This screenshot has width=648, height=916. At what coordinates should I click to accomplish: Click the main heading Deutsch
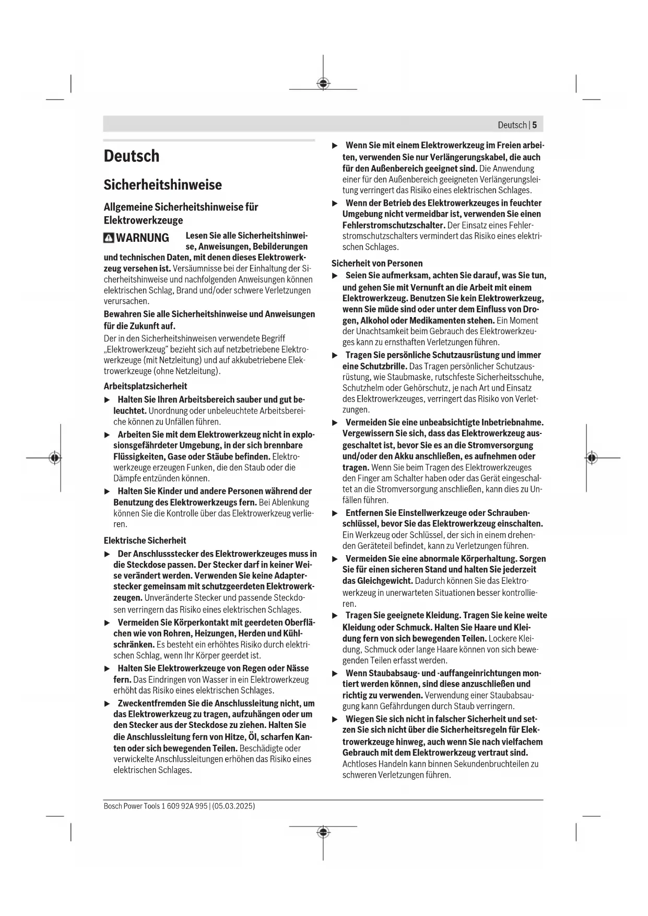[132, 156]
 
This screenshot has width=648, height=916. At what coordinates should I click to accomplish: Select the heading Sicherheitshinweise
[162, 185]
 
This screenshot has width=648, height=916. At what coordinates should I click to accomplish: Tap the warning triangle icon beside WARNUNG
[109, 238]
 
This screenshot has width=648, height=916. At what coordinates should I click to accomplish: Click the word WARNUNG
[142, 238]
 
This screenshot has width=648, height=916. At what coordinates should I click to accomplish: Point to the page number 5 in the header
[534, 125]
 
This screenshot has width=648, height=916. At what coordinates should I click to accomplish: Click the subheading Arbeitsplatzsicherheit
[145, 386]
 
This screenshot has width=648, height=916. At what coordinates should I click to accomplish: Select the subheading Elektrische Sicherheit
[145, 541]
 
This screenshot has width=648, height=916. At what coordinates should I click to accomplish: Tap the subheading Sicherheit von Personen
[377, 264]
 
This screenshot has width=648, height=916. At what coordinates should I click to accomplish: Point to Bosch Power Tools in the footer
[132, 806]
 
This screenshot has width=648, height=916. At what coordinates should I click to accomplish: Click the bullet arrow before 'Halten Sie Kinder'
[108, 491]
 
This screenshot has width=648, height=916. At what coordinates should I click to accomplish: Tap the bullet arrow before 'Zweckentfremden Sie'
[108, 703]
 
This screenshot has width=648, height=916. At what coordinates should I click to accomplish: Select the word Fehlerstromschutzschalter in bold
[393, 225]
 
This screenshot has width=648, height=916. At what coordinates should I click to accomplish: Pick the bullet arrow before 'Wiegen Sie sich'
[335, 719]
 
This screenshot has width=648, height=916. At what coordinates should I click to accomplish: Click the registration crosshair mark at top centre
[323, 84]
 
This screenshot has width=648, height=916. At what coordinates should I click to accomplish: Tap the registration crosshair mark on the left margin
[54, 457]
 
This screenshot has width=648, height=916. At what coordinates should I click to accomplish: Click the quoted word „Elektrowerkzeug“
[135, 349]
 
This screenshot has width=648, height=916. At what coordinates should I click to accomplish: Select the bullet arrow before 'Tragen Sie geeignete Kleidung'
[335, 616]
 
